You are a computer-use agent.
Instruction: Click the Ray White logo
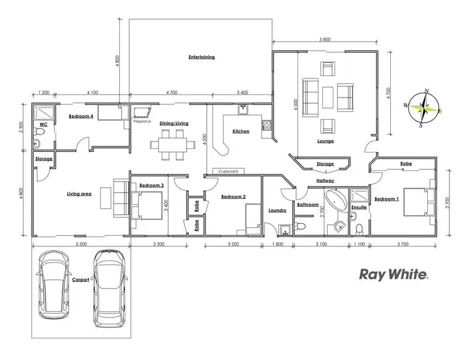[x=393, y=275]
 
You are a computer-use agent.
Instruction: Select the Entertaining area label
[x=201, y=57]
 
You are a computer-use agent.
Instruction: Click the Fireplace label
[x=142, y=122]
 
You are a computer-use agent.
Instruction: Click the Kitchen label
[x=241, y=132]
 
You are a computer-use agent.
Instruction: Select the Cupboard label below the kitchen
[x=229, y=170]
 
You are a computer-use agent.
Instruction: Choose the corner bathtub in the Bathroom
[x=336, y=201]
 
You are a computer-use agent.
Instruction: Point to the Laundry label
[x=277, y=210]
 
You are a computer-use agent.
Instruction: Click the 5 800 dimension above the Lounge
[x=325, y=40]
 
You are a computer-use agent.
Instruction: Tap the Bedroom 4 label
[x=81, y=115]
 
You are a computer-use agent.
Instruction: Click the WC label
[x=43, y=124]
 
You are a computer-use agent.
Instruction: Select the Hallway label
[x=325, y=180]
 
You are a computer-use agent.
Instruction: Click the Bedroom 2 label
[x=233, y=197]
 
